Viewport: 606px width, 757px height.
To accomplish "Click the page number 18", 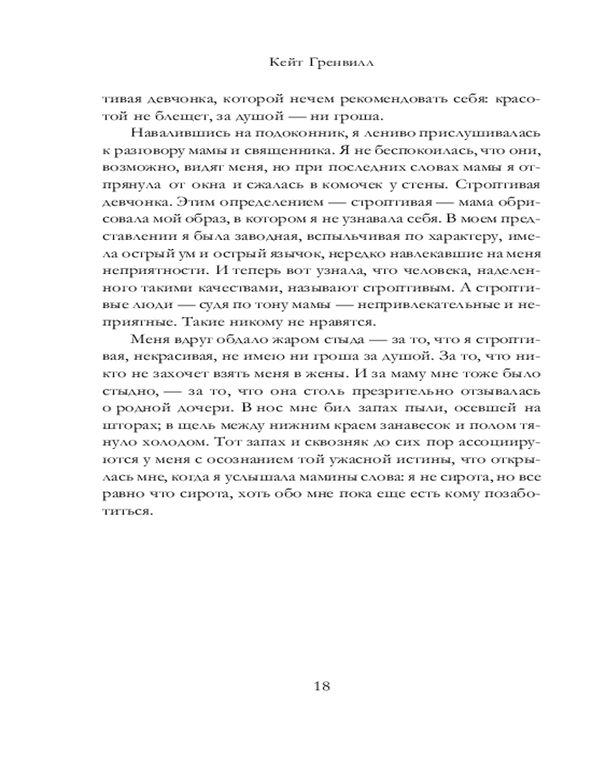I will click(x=320, y=687).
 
